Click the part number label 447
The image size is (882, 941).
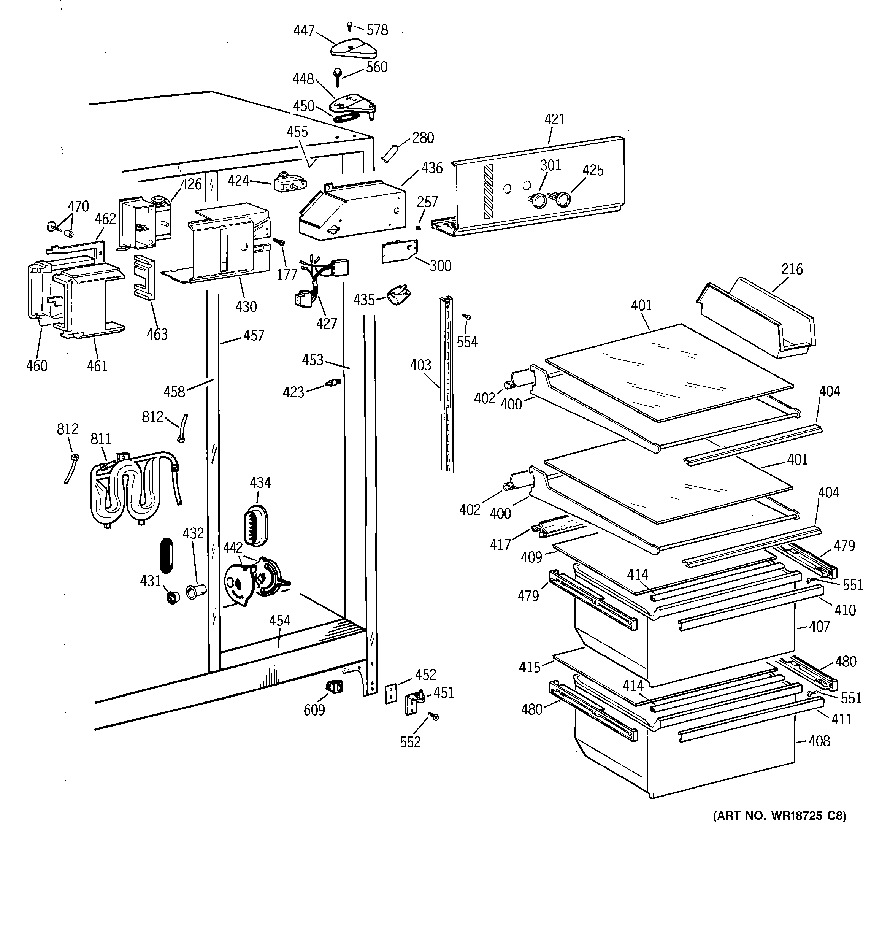pos(303,30)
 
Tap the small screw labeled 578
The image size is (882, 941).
pos(349,27)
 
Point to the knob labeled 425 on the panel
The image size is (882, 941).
pos(562,199)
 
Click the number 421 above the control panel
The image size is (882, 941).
pos(554,119)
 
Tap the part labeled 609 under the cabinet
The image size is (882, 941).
pos(335,686)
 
